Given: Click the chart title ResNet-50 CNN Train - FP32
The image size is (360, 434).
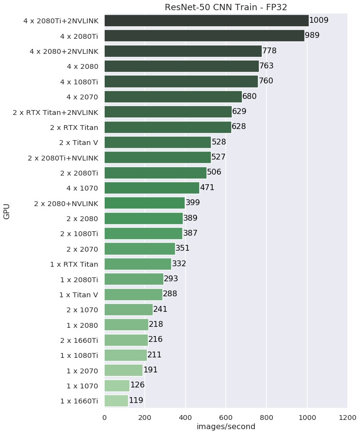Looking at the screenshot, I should point(226,7).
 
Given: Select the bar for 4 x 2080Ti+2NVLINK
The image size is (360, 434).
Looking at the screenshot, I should point(206,20).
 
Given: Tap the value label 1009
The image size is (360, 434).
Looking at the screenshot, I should point(319,20).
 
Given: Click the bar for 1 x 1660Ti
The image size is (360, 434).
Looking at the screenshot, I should point(116,401).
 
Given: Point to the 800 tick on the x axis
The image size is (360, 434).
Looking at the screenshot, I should point(266,417).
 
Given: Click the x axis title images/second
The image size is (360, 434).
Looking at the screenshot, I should point(226,427).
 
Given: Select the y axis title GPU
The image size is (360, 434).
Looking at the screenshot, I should point(7,211).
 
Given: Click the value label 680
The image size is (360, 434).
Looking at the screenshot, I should point(250,96).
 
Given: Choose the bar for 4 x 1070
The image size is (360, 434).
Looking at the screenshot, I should point(152,188).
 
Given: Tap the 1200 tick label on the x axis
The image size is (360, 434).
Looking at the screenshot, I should point(347,417).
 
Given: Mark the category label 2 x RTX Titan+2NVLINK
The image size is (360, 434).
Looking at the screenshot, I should point(56,113).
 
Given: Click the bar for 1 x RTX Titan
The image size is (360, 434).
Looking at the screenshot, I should point(138,264).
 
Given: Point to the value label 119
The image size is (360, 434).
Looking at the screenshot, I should point(136,401).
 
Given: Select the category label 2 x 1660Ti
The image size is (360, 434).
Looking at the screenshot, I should point(78,340).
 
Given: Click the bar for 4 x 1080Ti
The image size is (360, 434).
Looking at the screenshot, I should point(181,81).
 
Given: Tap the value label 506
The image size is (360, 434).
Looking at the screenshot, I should point(214,172).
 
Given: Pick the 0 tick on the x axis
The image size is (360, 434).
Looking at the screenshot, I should point(104,417).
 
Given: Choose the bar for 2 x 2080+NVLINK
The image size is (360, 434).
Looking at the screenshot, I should point(144,203).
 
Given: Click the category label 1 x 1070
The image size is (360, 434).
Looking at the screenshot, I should point(79,386).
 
